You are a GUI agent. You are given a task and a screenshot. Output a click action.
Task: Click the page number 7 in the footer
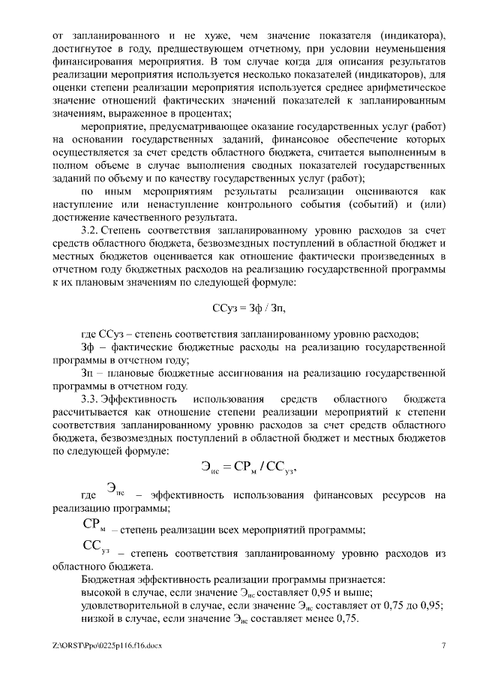click(443, 645)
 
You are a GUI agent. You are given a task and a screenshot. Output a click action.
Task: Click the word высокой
click(103, 592)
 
